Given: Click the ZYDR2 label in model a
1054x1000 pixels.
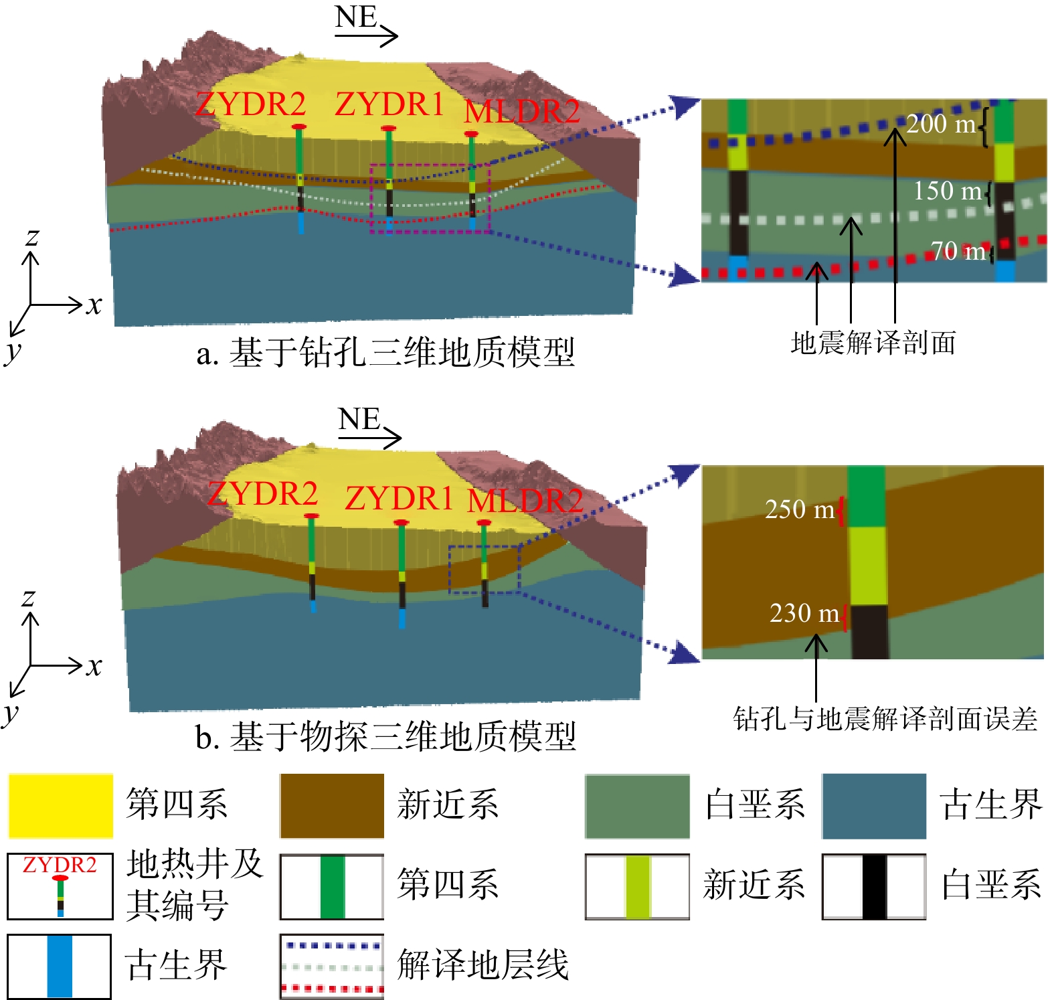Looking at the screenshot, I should pyautogui.click(x=250, y=104).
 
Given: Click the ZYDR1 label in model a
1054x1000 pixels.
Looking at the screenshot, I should pyautogui.click(x=389, y=104).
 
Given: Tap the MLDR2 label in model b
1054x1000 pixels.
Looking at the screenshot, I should pyautogui.click(x=525, y=501).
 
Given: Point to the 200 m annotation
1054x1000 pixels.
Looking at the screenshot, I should pyautogui.click(x=940, y=124).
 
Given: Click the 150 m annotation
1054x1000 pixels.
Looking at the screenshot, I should pyautogui.click(x=948, y=191).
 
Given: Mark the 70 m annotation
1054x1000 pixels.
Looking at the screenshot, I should pyautogui.click(x=958, y=252).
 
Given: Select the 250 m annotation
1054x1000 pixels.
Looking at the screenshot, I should pyautogui.click(x=800, y=510).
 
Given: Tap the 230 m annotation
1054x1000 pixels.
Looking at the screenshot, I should pyautogui.click(x=804, y=614).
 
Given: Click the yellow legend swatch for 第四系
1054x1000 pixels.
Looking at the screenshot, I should pyautogui.click(x=60, y=806).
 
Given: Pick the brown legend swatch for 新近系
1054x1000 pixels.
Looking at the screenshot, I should pyautogui.click(x=332, y=806).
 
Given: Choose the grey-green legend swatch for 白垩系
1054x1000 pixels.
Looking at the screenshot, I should pyautogui.click(x=637, y=806).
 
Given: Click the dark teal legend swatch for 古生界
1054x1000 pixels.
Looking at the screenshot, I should pyautogui.click(x=874, y=806).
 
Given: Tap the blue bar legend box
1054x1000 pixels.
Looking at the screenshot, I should pyautogui.click(x=60, y=966).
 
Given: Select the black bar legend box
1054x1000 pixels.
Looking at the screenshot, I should pyautogui.click(x=874, y=886).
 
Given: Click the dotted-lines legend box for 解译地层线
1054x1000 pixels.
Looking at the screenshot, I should pyautogui.click(x=332, y=966).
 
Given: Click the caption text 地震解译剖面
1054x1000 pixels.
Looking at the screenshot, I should pyautogui.click(x=873, y=343).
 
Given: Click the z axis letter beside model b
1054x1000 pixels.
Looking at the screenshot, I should pyautogui.click(x=28, y=598).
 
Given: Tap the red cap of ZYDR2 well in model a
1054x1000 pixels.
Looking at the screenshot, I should pyautogui.click(x=299, y=127).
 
